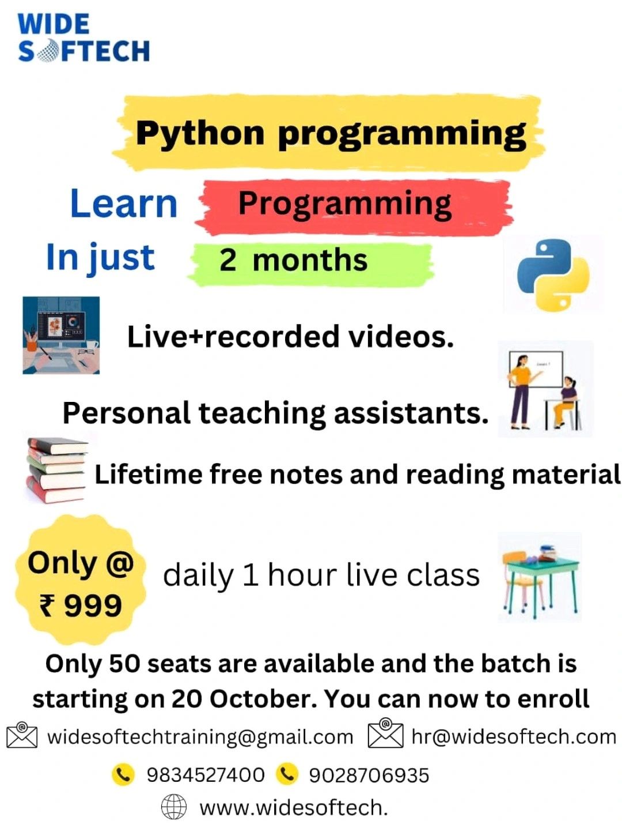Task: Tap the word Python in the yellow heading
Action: (x=200, y=134)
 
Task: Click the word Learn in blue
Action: (x=123, y=204)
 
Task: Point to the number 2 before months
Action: (x=227, y=260)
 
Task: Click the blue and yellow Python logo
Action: (x=553, y=275)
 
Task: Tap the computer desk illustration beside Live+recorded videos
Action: (x=61, y=335)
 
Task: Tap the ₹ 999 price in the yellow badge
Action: (x=81, y=605)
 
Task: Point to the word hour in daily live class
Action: (x=301, y=574)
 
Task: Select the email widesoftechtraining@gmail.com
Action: (x=200, y=737)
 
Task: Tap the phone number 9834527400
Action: (x=206, y=775)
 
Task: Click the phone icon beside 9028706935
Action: (x=287, y=774)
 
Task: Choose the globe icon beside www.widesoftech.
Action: (x=173, y=806)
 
